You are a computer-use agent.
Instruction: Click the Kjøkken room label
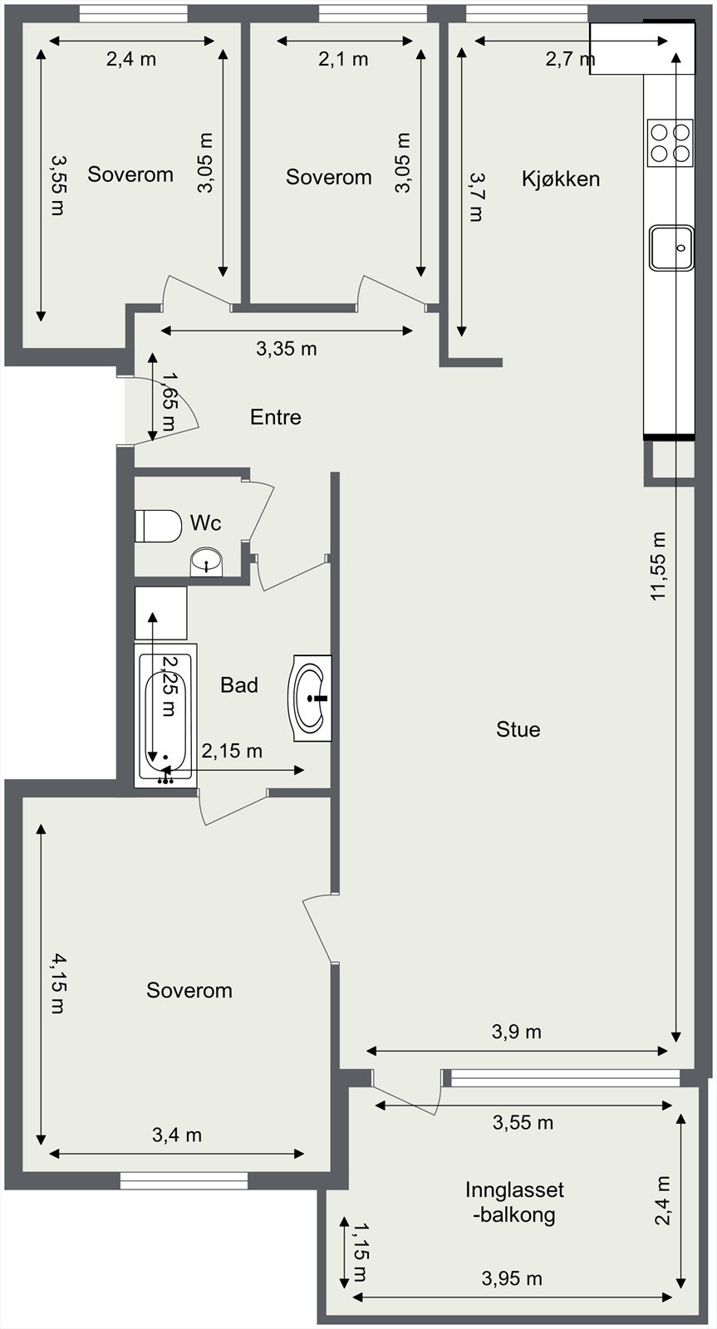561,179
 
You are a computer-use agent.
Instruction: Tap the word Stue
518,729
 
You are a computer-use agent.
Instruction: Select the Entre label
275,417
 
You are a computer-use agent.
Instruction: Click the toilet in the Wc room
158,525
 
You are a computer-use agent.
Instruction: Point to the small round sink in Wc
206,562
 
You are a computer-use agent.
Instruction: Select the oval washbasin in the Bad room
311,698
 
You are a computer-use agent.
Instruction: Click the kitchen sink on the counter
671,248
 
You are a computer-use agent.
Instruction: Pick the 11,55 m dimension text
658,566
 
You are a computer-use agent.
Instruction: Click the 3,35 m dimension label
286,349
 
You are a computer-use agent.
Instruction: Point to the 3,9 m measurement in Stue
516,1032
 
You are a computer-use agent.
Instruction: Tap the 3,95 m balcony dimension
512,1278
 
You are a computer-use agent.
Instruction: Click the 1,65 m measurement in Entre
168,403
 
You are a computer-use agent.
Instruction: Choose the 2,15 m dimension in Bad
232,751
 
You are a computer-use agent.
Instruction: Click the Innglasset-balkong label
514,1202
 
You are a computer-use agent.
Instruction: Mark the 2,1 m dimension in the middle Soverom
343,59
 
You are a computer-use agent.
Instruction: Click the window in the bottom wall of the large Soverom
184,1180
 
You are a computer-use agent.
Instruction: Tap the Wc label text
205,522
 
